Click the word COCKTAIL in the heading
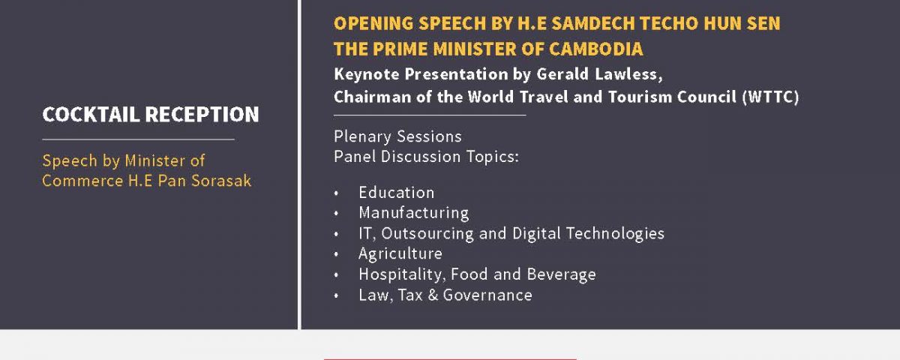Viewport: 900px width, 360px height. (x=91, y=115)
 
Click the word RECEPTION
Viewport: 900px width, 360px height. (x=202, y=115)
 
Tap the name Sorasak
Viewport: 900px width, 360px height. (x=221, y=181)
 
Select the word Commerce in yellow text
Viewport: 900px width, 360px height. (x=82, y=181)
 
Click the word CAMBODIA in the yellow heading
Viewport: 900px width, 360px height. (x=595, y=49)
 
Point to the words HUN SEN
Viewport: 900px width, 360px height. (x=742, y=23)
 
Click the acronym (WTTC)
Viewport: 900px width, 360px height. (x=770, y=97)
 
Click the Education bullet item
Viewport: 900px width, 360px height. (x=397, y=193)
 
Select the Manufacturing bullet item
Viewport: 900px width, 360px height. (x=414, y=213)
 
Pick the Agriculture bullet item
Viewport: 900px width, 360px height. (x=400, y=254)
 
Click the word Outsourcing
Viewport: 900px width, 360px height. (x=427, y=233)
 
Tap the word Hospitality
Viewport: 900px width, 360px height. (x=402, y=274)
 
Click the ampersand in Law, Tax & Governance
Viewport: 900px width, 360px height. (x=433, y=295)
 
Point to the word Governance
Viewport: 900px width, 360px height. (x=487, y=295)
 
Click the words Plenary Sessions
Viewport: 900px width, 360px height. (x=397, y=136)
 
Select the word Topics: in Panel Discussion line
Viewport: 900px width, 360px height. (x=493, y=157)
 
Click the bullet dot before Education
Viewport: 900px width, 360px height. (x=336, y=193)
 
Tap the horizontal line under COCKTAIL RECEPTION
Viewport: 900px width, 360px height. (x=138, y=139)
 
